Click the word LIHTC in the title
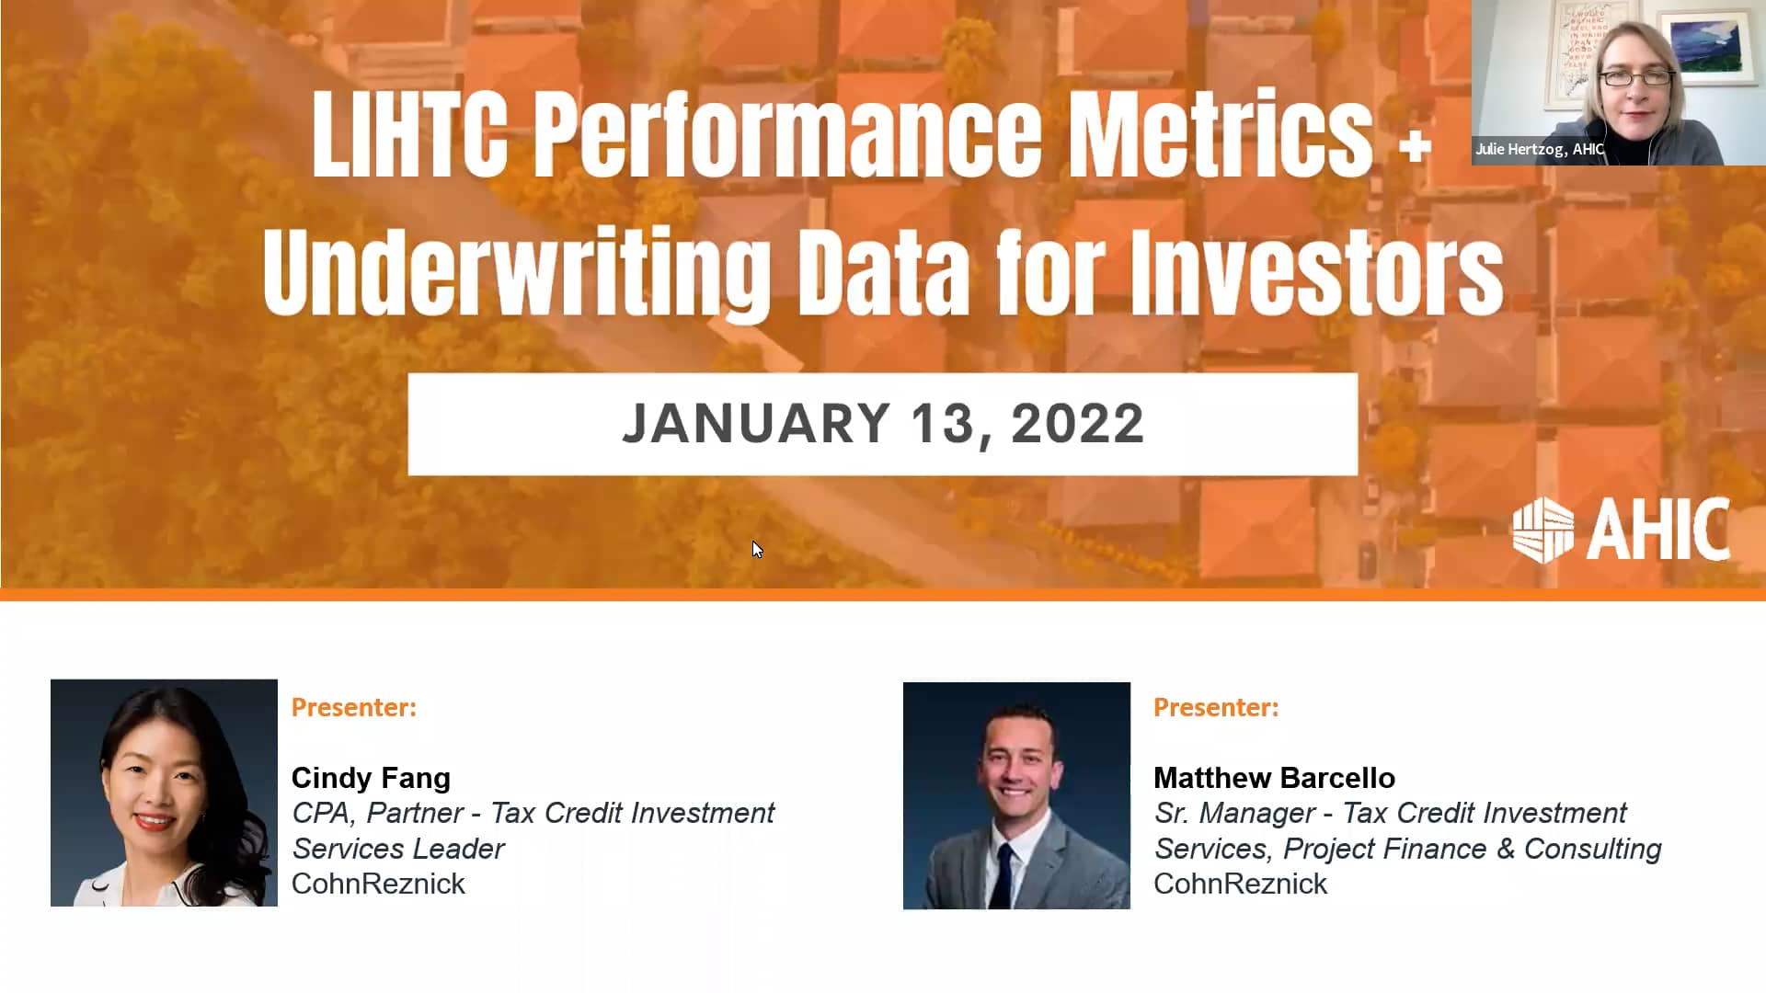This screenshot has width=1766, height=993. (409, 135)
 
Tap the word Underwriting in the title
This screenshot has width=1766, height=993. (517, 273)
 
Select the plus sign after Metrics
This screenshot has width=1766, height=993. (1415, 146)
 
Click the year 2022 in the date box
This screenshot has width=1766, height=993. (1077, 424)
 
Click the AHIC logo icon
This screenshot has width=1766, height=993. (1542, 531)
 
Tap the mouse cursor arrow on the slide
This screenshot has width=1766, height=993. (756, 549)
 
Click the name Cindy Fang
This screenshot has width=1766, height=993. (371, 778)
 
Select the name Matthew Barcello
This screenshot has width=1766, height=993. (1274, 778)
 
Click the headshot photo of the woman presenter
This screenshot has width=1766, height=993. (164, 793)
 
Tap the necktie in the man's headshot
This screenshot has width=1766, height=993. (1005, 873)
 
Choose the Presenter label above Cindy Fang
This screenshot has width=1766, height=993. (354, 707)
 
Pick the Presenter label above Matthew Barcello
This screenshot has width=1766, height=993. (1216, 707)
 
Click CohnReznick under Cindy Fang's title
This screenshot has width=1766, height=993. (378, 884)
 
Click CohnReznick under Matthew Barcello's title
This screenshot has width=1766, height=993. (1240, 884)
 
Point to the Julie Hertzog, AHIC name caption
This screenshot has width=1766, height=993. (1540, 149)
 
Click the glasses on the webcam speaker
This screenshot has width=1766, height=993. (1637, 79)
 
